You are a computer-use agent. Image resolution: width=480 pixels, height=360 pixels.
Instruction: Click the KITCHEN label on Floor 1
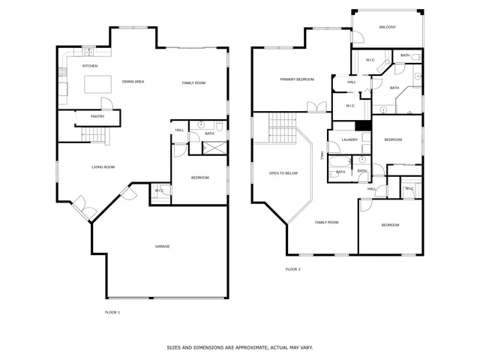coord(90,66)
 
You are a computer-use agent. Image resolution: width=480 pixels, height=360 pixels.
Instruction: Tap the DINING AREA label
coord(133,81)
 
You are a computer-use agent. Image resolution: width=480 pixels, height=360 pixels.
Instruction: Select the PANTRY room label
coord(97,116)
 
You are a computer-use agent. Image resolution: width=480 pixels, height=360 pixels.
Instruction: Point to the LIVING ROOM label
coord(103,166)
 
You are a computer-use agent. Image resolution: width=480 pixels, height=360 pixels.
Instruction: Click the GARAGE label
coord(162,246)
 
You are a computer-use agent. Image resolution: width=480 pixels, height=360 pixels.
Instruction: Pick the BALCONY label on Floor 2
coord(387,27)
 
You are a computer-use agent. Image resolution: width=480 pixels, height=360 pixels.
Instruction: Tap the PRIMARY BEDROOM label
coord(297,79)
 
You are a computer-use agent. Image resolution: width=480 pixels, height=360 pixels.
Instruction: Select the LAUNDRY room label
coord(349,139)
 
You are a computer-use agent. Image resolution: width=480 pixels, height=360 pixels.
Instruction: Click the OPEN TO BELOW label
coord(283,173)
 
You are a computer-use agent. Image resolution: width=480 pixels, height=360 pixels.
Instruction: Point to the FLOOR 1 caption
coord(112,311)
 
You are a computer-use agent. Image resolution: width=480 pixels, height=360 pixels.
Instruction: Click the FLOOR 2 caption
coord(292,268)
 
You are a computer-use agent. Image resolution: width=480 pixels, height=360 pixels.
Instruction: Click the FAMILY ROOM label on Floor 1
coord(193,82)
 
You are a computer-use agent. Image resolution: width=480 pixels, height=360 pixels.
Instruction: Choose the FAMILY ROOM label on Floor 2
coord(326,222)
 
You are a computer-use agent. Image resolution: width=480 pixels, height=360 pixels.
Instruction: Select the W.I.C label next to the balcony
coord(370,60)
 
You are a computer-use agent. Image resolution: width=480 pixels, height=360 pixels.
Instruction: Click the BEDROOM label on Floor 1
coord(199,177)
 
